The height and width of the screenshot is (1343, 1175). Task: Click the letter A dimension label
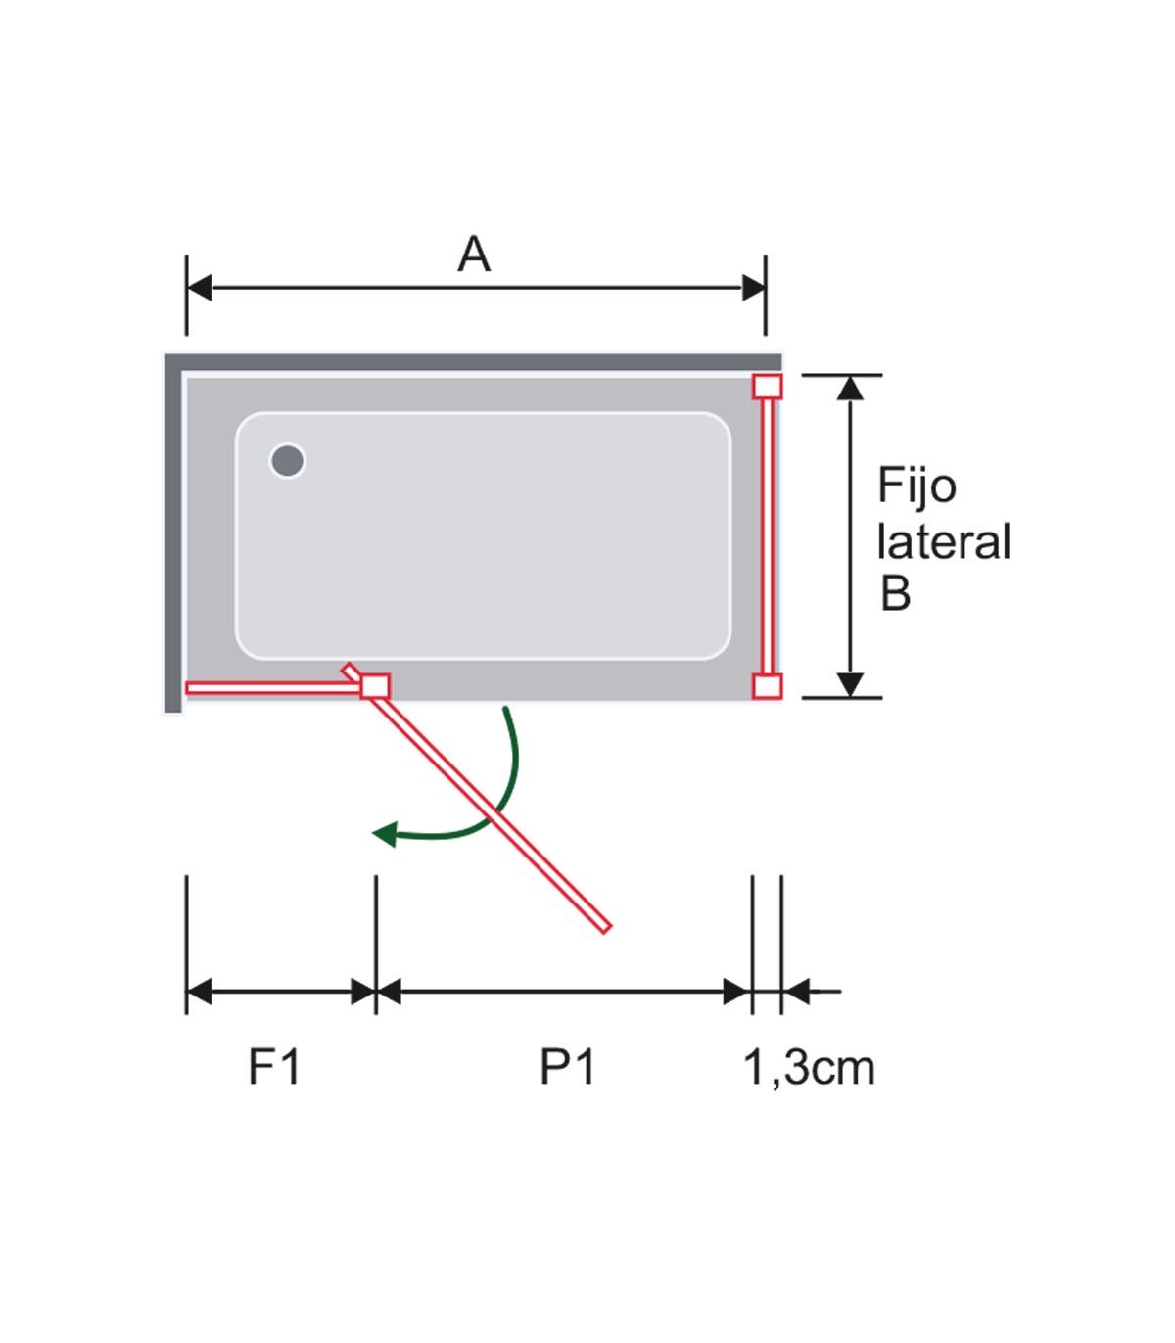click(x=474, y=255)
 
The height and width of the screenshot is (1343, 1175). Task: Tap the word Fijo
click(x=916, y=486)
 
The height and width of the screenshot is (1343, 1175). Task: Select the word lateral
click(x=943, y=542)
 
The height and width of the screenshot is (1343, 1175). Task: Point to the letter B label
click(x=895, y=593)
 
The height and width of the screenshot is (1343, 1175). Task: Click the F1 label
click(x=274, y=1067)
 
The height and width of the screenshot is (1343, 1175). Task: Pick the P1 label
click(x=568, y=1067)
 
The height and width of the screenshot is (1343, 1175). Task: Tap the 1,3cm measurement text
click(x=809, y=1067)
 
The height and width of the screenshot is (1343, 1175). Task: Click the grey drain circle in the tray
click(x=287, y=460)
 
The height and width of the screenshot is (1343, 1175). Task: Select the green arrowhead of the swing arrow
click(x=385, y=834)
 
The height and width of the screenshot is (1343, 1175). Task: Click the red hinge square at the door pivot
click(x=375, y=686)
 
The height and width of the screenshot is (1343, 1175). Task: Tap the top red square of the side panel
click(x=768, y=387)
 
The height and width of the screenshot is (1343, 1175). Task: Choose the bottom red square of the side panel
click(x=768, y=686)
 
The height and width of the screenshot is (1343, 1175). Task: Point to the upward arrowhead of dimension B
click(x=851, y=388)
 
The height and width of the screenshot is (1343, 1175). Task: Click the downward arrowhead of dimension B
click(x=851, y=684)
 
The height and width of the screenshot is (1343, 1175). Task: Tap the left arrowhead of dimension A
click(x=200, y=288)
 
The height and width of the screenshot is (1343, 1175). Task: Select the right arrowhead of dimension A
click(x=753, y=288)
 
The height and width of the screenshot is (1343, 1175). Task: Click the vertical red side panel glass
click(x=768, y=536)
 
